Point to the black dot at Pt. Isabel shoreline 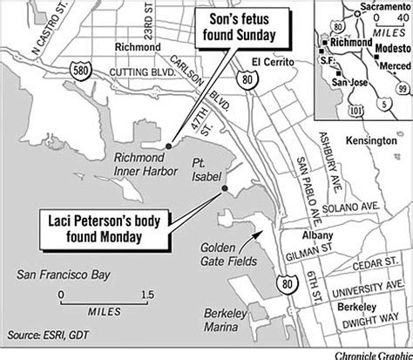[x=226, y=189]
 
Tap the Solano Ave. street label [x=348, y=210]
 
